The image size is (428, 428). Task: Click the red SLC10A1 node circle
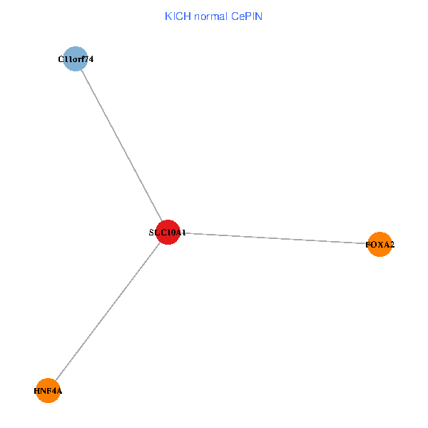167,232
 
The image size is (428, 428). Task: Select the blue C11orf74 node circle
75,58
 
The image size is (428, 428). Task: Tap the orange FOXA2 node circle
379,245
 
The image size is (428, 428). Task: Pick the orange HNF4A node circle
48,390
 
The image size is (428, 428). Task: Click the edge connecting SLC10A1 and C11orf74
121,146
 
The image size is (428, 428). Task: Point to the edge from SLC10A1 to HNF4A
107,312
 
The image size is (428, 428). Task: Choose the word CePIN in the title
246,16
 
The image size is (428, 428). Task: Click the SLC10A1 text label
167,233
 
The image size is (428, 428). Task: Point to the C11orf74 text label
75,59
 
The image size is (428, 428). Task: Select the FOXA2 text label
379,245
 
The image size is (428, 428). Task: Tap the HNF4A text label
48,391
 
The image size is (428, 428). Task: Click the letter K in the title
168,16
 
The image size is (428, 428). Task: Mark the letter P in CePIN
247,16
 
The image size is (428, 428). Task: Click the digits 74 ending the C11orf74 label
88,59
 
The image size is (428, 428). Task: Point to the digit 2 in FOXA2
392,245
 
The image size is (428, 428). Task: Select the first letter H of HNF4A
36,391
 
